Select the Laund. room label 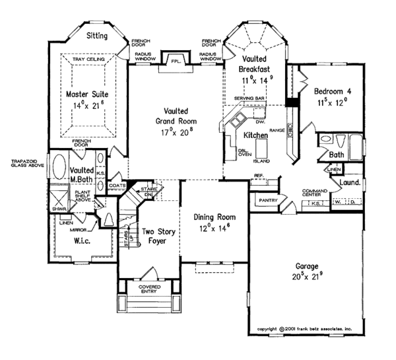coord(350,180)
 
